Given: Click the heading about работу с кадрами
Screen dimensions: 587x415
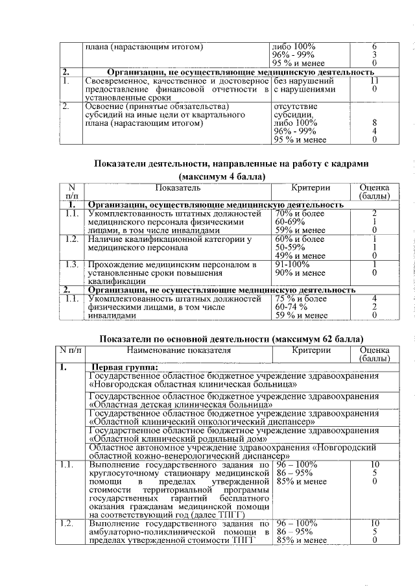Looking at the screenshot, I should point(231,163).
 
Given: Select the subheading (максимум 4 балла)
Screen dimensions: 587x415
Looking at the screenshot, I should point(222,176).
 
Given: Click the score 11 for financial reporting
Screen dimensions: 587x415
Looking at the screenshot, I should point(374,81).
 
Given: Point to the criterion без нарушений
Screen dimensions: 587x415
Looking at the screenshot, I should point(304,81).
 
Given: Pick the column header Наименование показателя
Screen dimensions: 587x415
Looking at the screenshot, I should point(179,350).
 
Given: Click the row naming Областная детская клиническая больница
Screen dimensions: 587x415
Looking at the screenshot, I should point(180,405).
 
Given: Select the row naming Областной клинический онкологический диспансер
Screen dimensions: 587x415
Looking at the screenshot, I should point(202,423).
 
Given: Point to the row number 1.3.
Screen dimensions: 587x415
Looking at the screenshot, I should point(71,265).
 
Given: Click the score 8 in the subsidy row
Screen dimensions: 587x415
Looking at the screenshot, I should point(374,122).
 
